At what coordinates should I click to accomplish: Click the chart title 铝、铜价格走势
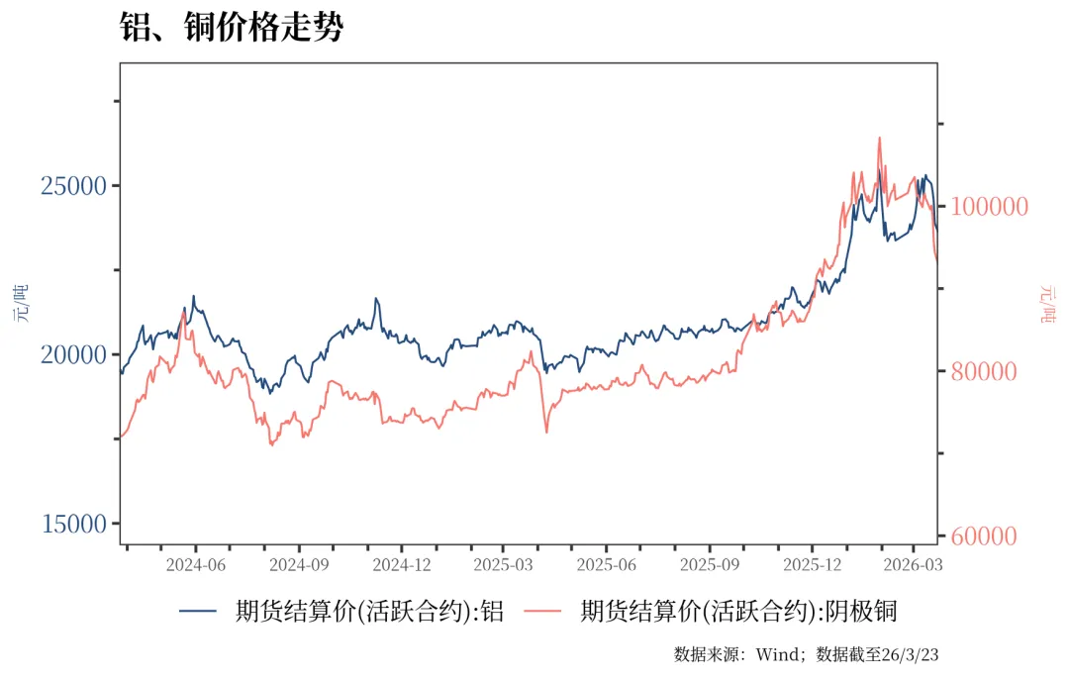[x=231, y=27]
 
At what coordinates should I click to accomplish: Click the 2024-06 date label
[x=195, y=564]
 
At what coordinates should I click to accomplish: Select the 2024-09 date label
[x=299, y=564]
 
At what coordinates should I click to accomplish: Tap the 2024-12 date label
[x=401, y=564]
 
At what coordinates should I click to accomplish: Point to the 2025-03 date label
[x=503, y=564]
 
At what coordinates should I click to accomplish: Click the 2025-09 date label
[x=709, y=564]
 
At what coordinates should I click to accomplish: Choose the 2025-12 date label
[x=812, y=564]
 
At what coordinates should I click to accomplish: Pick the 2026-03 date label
[x=913, y=564]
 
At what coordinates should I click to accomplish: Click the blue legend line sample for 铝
[x=200, y=612]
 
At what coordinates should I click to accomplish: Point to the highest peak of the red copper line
[x=879, y=138]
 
